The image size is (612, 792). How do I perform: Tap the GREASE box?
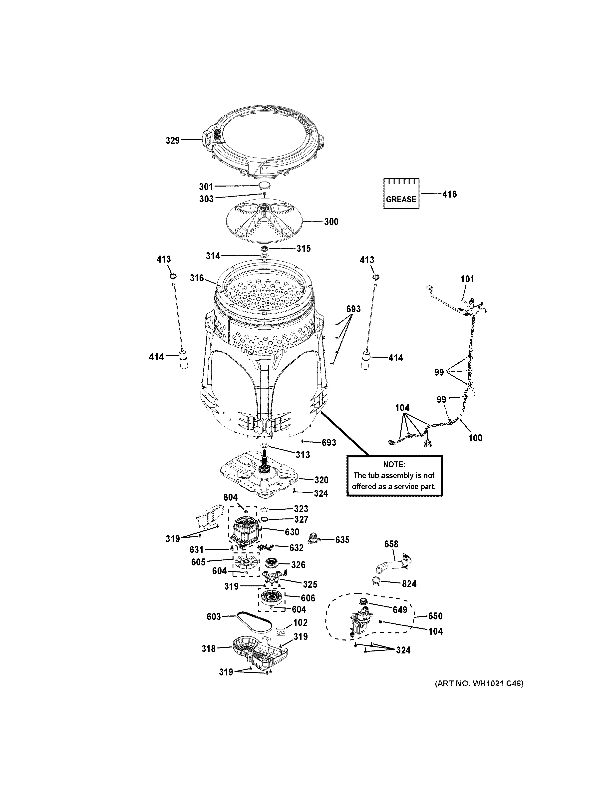[x=401, y=194]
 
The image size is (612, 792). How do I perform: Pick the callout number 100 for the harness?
[x=475, y=438]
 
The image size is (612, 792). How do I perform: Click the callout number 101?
[x=467, y=279]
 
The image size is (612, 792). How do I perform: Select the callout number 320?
[x=321, y=480]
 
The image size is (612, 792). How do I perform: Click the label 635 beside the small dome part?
[x=342, y=540]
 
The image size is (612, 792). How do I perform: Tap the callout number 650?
[x=435, y=616]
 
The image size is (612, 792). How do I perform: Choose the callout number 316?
[x=197, y=279]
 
